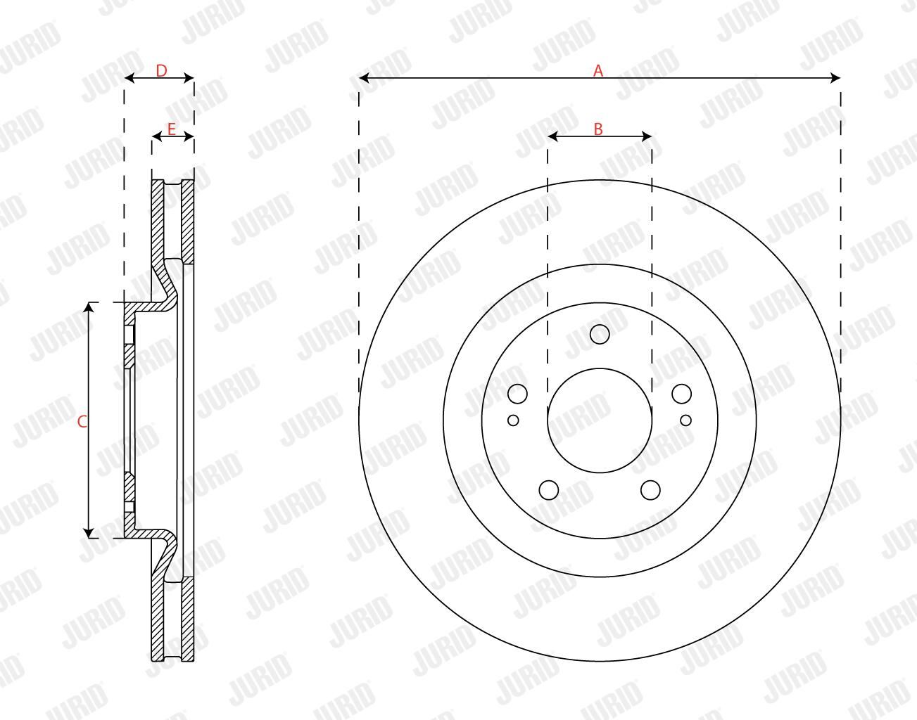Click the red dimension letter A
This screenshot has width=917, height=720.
click(x=598, y=70)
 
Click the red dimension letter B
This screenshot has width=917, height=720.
click(x=598, y=129)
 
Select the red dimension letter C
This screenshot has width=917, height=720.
click(x=82, y=421)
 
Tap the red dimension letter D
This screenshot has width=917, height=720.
click(x=161, y=71)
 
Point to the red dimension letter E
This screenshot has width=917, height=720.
click(x=171, y=129)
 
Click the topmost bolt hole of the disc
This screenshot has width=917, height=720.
click(x=600, y=334)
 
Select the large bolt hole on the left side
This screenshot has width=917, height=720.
click(x=517, y=394)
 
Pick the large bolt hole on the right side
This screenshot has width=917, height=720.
click(x=681, y=394)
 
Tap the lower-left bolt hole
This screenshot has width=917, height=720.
click(x=549, y=490)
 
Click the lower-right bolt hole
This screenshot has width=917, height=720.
click(x=650, y=490)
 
